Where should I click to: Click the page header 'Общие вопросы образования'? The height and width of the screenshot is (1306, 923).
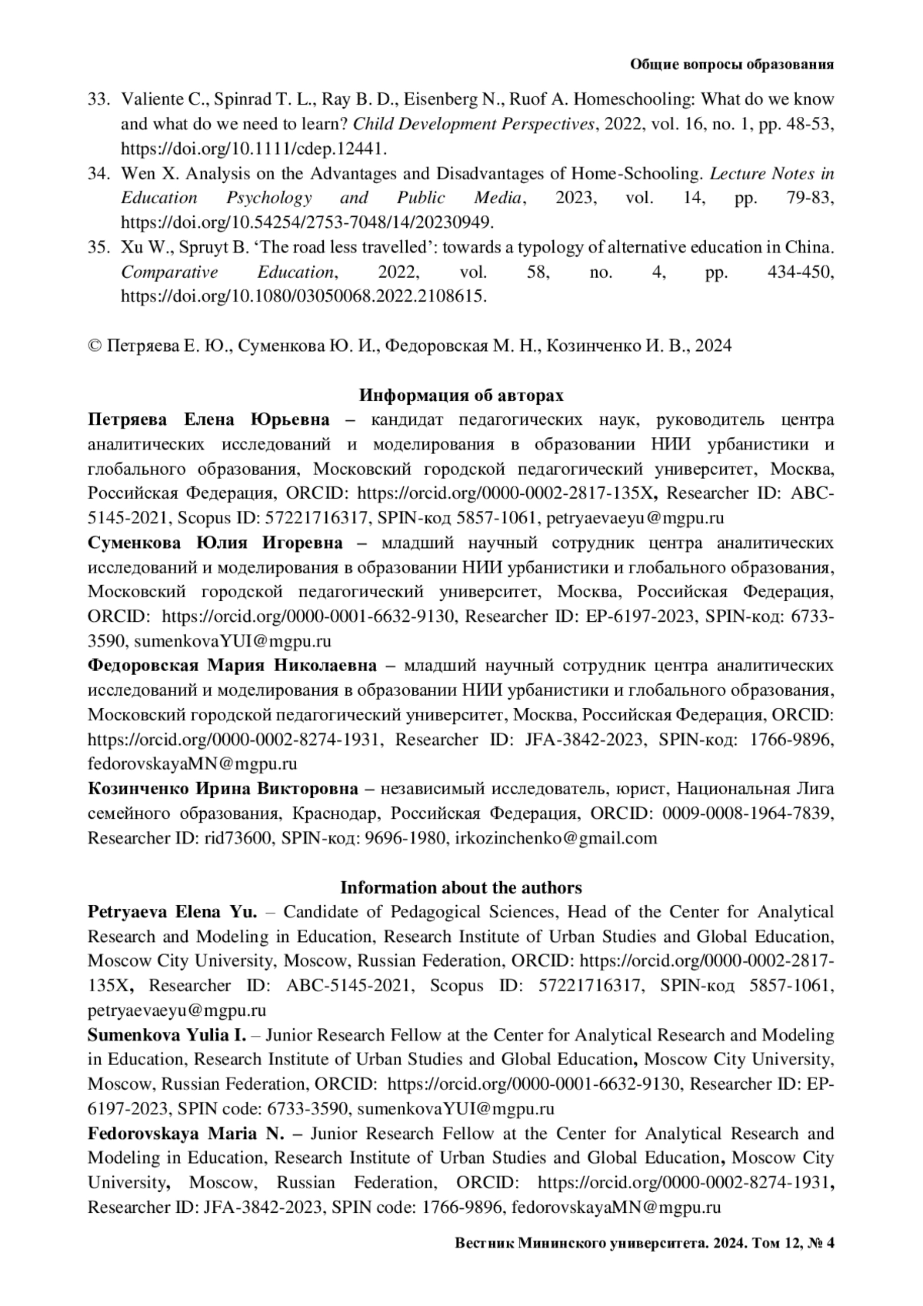pos(731,65)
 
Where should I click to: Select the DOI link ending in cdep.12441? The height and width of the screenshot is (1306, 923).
pos(254,149)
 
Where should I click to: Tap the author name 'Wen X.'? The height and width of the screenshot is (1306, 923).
pos(143,173)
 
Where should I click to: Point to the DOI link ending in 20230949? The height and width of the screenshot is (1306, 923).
pos(307,222)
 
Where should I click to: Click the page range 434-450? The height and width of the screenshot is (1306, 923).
pos(801,272)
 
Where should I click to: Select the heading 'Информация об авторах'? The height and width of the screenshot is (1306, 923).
pos(461,396)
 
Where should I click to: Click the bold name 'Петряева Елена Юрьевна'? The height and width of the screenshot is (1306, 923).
pos(209,419)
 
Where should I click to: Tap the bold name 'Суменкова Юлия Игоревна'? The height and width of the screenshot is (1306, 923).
pos(215,543)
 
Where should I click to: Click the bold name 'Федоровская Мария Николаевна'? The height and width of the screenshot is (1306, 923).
pos(232,666)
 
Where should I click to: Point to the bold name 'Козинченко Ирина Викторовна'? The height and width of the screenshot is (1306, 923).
pos(223,789)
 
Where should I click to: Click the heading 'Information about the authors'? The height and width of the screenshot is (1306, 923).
pos(461,887)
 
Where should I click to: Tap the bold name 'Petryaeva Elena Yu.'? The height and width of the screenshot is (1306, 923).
pos(172,912)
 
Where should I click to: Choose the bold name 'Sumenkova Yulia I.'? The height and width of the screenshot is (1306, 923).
pos(166,1035)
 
